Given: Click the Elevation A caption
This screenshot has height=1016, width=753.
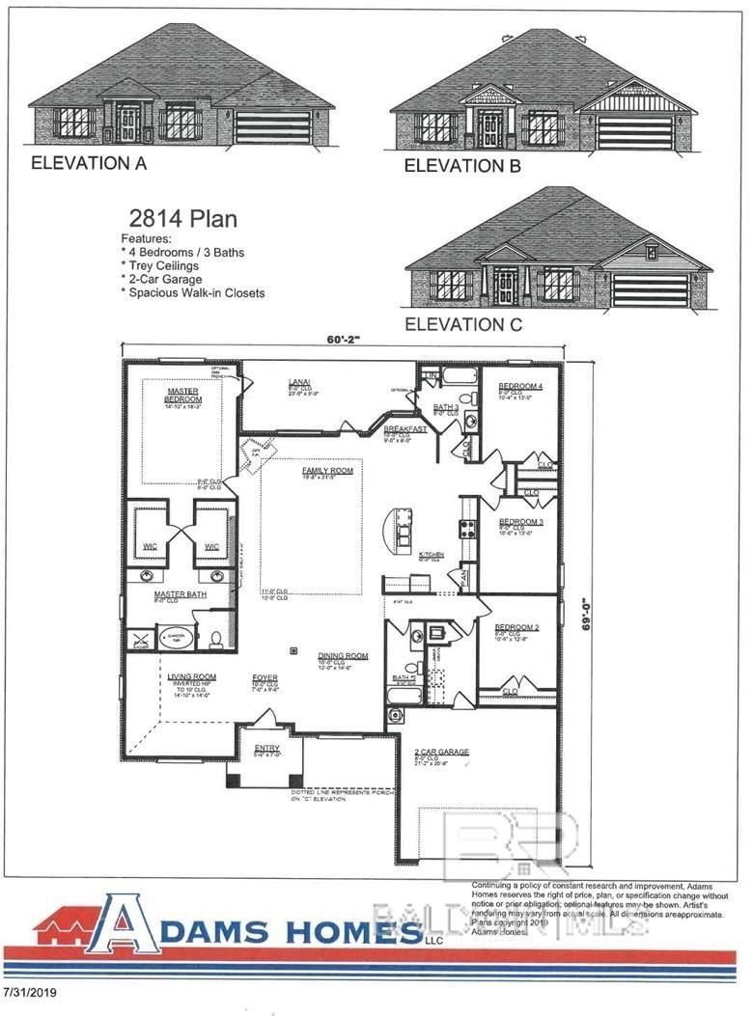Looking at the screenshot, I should click(x=89, y=163).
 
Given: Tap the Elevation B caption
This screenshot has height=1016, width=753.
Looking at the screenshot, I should click(x=462, y=166).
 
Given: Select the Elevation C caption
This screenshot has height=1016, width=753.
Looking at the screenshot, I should click(x=463, y=324).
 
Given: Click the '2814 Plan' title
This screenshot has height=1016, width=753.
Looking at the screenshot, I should click(x=182, y=218).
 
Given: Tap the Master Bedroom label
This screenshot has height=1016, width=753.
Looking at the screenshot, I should click(x=182, y=395).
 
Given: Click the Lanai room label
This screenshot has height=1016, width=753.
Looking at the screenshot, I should click(x=297, y=383).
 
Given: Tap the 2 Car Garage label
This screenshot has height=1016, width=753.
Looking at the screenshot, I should click(x=442, y=751).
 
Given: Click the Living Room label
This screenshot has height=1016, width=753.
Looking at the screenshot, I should click(x=192, y=676).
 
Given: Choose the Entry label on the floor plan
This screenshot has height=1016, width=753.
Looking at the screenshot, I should click(x=266, y=748).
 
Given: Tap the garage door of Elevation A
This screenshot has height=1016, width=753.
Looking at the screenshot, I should click(x=272, y=127).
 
